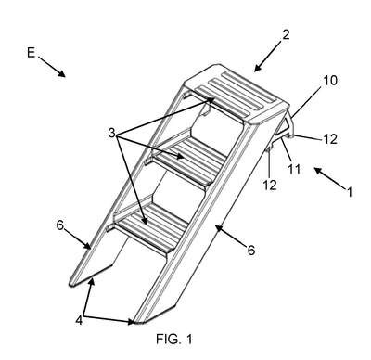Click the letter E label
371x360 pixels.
(31, 53)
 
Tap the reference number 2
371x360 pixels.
(286, 34)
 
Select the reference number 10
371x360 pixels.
(330, 81)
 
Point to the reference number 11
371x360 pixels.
(294, 169)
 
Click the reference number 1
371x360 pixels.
(350, 192)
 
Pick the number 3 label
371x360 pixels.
(111, 134)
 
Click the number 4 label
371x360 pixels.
(79, 320)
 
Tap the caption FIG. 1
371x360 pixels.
(174, 340)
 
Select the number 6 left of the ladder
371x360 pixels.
(59, 225)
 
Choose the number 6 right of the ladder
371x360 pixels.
(251, 250)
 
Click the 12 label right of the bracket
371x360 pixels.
(330, 139)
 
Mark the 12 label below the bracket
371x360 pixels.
(270, 185)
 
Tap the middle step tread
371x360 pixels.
(189, 161)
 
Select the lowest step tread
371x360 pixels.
(152, 225)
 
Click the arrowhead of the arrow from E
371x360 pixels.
(61, 73)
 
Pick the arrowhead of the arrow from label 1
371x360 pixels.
(319, 171)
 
